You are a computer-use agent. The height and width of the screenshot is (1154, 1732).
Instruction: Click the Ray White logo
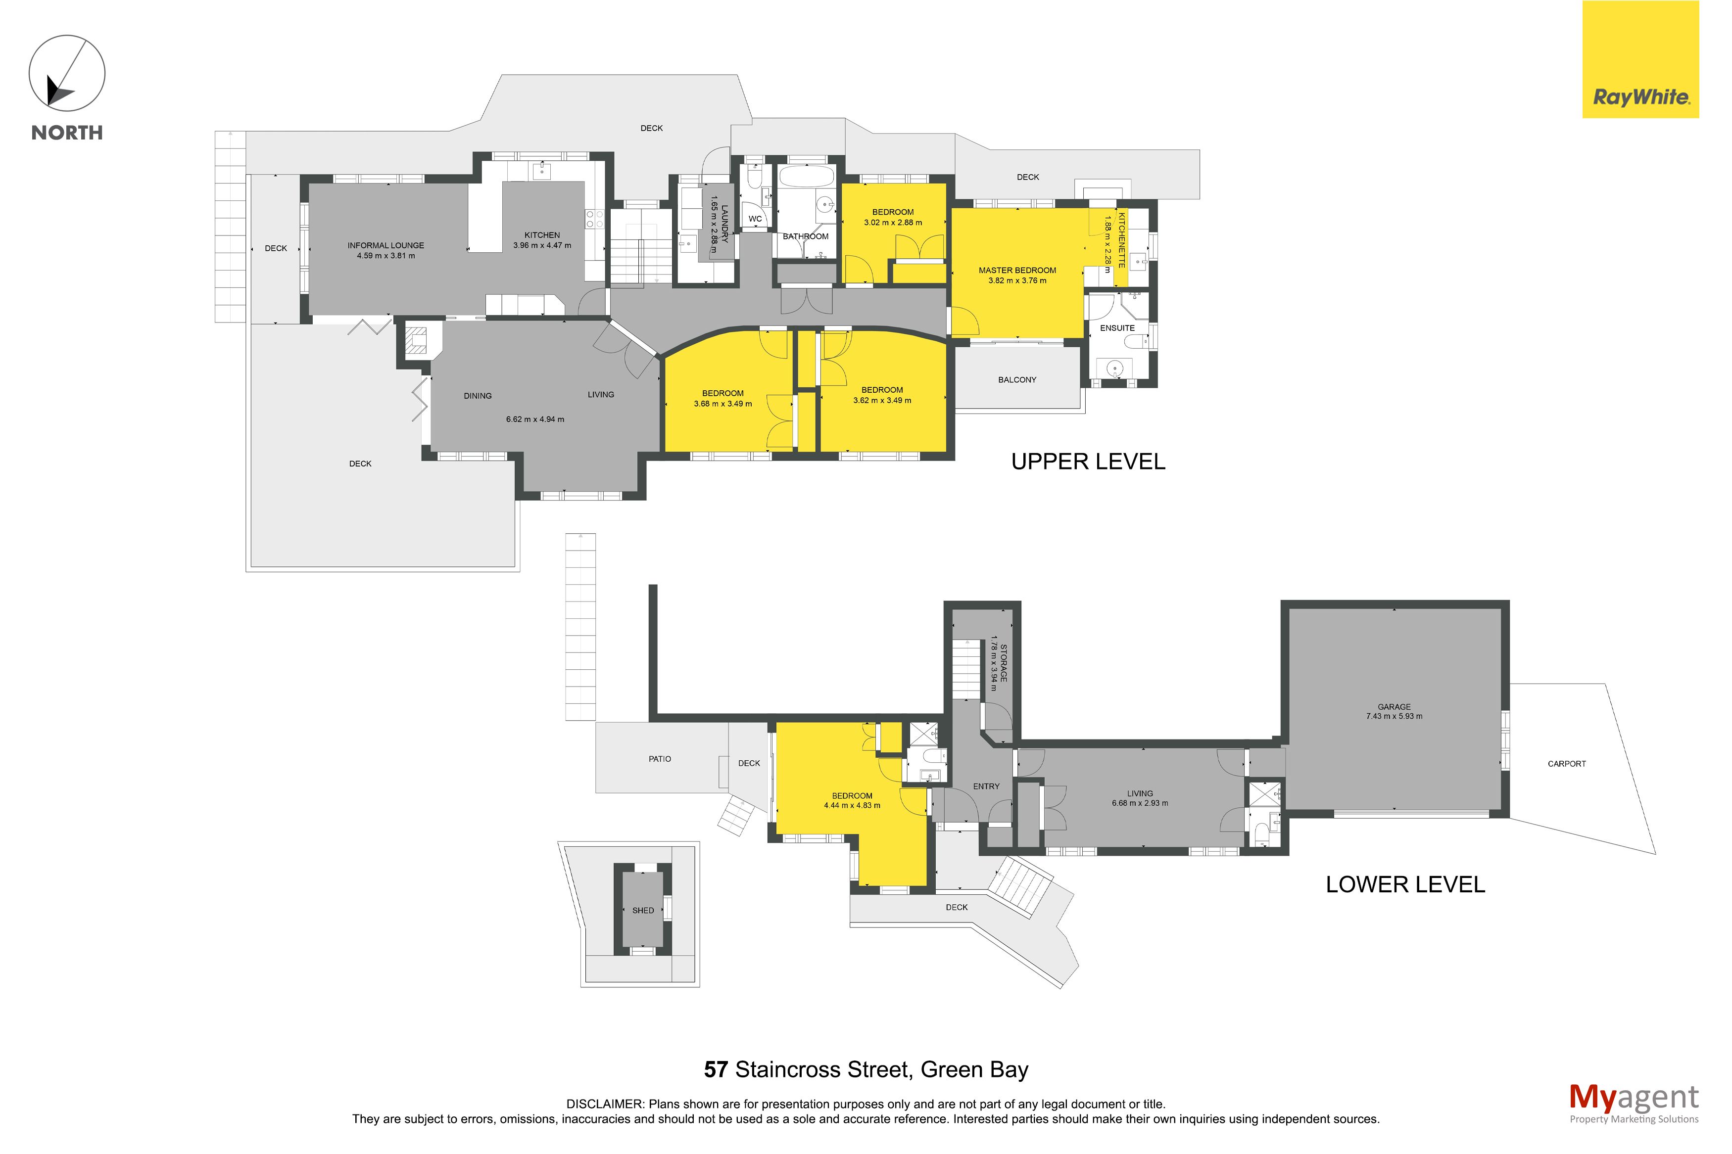(1640, 59)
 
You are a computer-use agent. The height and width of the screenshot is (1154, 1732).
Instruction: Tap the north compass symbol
(67, 74)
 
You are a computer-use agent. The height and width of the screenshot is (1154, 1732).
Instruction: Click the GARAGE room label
(1394, 706)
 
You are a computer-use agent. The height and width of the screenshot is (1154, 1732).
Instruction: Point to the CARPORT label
(1566, 763)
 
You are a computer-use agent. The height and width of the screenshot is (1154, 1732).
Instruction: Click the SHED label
(643, 911)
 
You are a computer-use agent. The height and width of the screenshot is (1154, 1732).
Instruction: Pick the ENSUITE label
(1116, 328)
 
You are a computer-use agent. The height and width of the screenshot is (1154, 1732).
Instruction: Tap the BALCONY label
(1016, 380)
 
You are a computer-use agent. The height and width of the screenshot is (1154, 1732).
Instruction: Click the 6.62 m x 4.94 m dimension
(535, 419)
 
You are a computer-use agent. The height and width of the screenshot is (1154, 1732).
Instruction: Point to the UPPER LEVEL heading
(1088, 462)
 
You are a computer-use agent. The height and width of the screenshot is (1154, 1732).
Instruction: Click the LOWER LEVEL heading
(1405, 884)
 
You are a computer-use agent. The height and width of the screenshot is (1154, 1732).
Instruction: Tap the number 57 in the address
(716, 1069)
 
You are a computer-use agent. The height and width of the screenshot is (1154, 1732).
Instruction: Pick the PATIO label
(660, 759)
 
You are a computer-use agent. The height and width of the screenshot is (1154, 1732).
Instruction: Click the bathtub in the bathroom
(806, 177)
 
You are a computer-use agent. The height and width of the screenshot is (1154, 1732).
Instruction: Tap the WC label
(755, 219)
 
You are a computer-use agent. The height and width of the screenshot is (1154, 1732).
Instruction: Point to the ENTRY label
(986, 786)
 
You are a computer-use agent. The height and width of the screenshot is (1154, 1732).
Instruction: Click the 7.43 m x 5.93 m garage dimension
(1394, 716)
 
